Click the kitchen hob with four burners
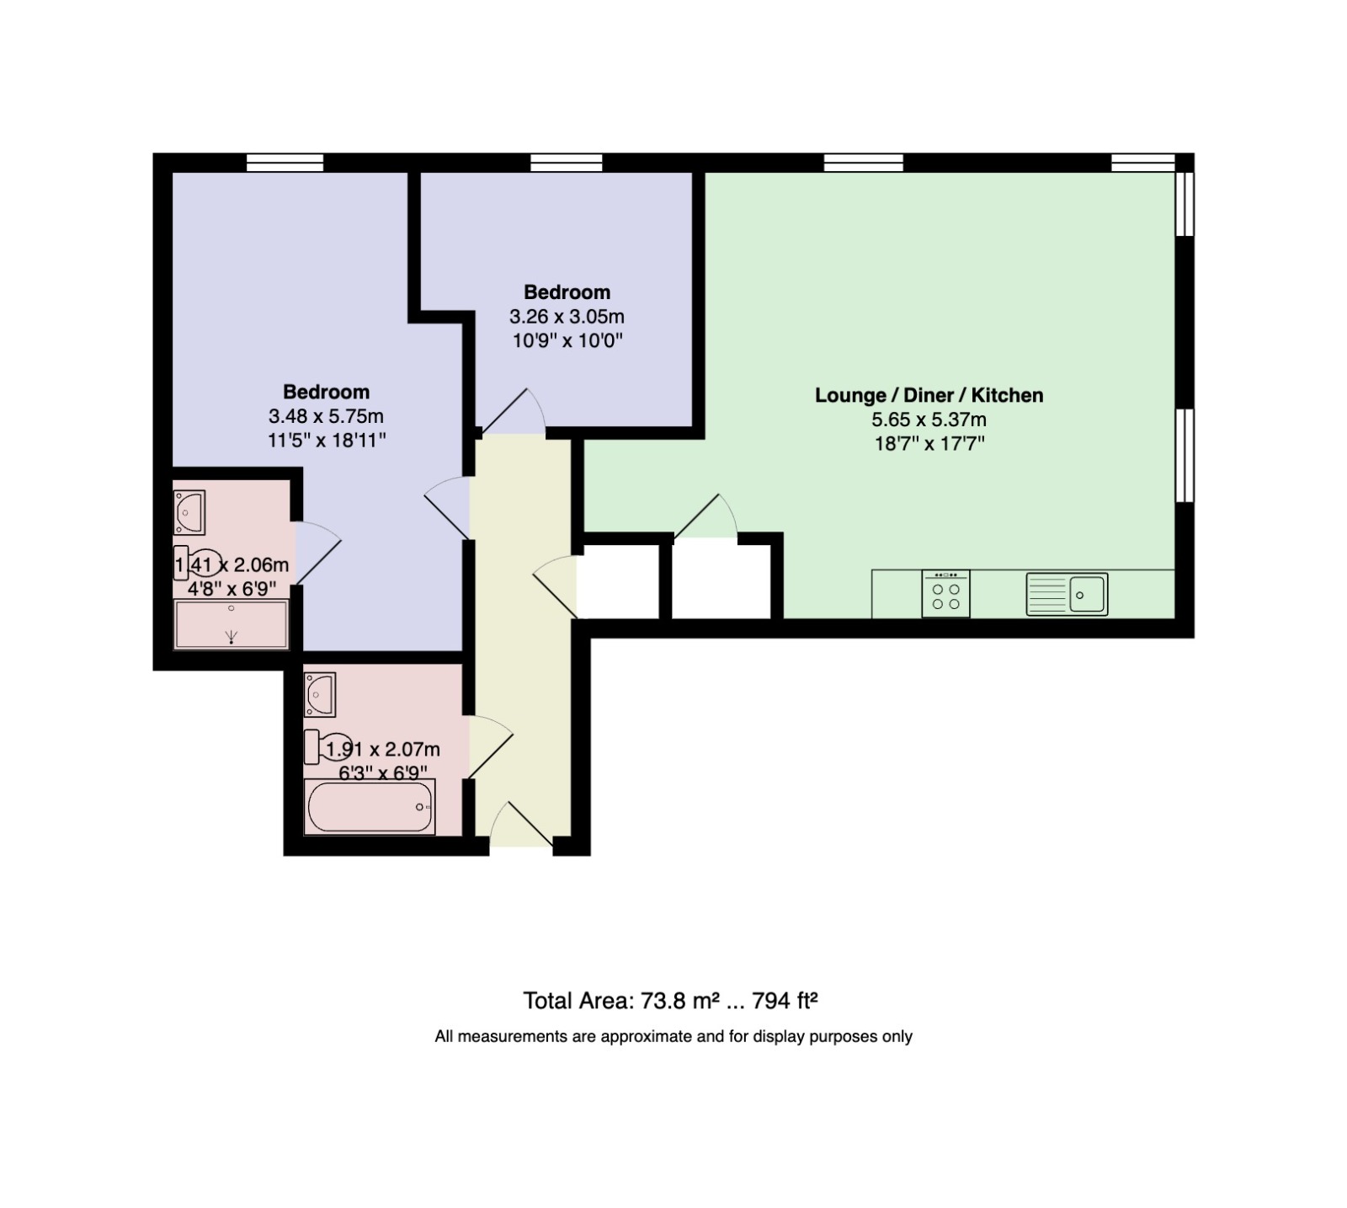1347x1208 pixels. point(945,593)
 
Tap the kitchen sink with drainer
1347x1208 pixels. point(1067,594)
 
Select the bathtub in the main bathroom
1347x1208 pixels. point(370,806)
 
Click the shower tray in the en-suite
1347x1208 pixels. point(231,624)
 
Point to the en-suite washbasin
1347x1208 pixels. point(189,512)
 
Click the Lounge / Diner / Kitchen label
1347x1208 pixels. point(929,395)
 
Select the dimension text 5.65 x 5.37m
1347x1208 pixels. point(929,420)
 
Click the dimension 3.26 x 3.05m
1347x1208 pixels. point(567,317)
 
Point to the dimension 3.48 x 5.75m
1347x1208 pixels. point(326,416)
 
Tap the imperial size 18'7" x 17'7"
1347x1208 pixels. point(929,443)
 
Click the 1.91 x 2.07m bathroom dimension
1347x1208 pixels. point(383,749)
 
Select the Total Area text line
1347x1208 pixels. point(671,1001)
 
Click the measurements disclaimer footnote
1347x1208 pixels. point(673,1036)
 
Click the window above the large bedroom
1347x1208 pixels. point(285,163)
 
